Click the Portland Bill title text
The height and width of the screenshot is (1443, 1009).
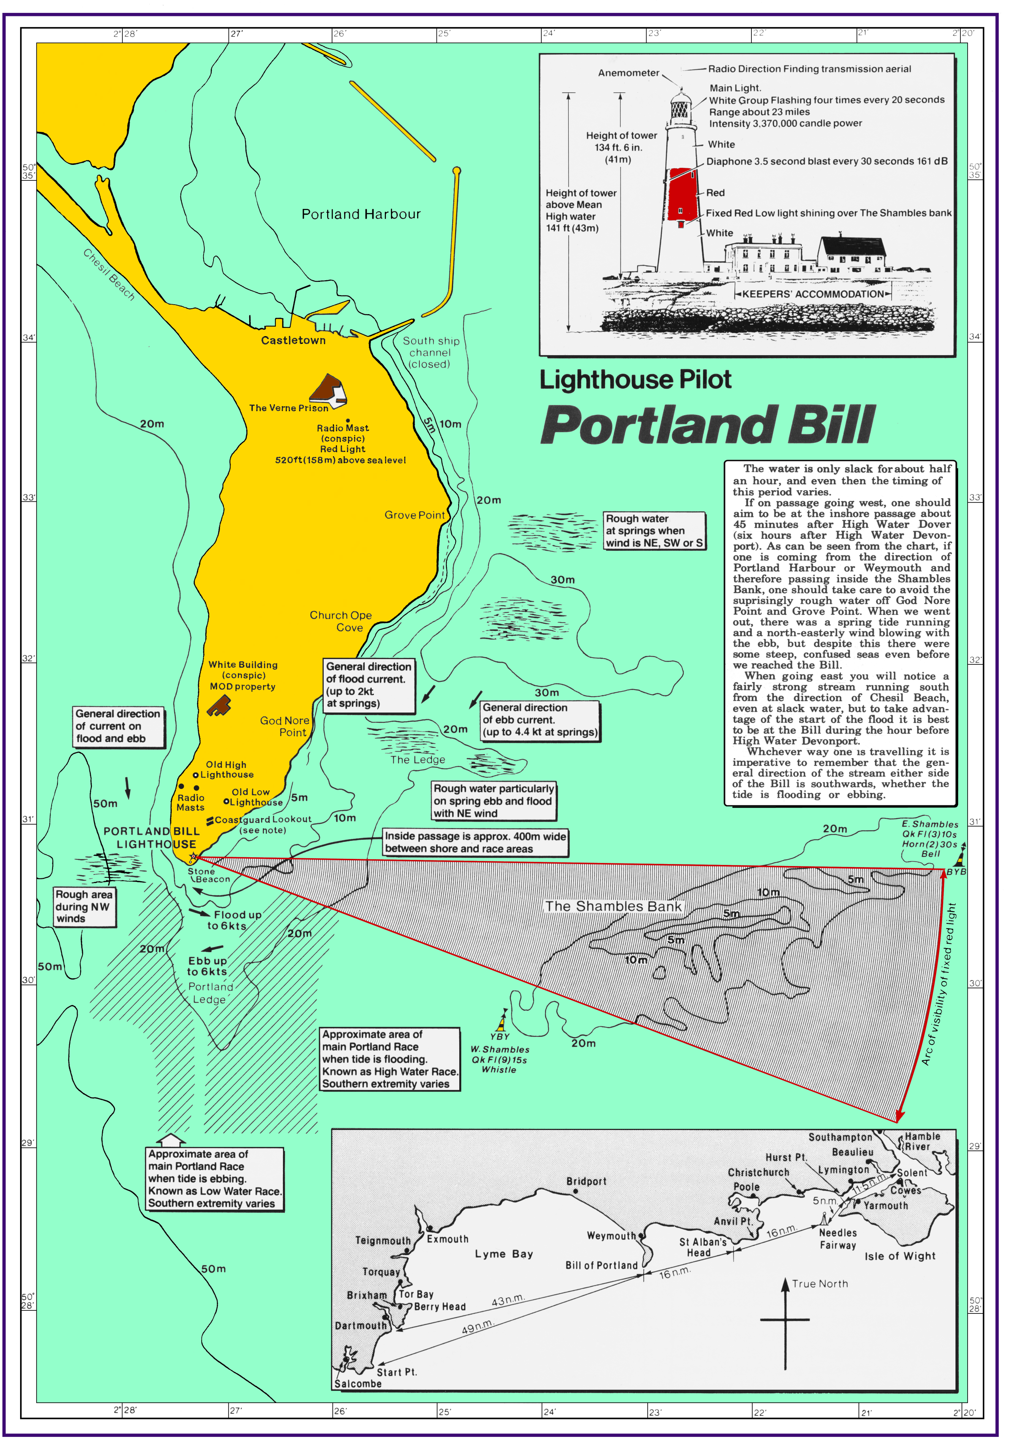(707, 425)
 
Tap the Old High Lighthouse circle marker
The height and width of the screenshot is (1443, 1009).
(196, 775)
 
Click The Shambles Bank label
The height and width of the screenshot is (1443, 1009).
(613, 906)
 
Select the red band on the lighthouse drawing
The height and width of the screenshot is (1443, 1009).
(682, 194)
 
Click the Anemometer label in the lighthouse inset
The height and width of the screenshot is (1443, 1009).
(628, 73)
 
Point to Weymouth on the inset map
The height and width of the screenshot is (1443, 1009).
(611, 1236)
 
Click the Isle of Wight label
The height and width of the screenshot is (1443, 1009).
(900, 1256)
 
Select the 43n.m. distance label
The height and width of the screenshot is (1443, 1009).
(508, 1300)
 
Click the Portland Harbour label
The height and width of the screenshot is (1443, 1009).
(361, 214)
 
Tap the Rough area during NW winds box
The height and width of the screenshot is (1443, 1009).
(84, 906)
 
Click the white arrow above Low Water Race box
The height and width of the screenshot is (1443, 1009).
(171, 1140)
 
